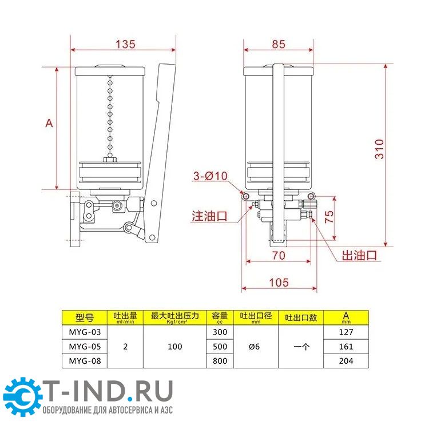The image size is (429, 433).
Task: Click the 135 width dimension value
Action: (125, 44)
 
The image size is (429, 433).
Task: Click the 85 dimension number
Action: (278, 44)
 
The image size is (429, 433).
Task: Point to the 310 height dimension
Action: (379, 149)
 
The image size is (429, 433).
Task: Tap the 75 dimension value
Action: (329, 217)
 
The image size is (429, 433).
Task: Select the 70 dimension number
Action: (279, 256)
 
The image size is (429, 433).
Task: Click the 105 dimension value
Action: (279, 283)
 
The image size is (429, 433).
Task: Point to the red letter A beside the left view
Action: (49, 123)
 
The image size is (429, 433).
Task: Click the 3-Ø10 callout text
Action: (210, 176)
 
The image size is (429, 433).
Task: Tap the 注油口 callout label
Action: (209, 216)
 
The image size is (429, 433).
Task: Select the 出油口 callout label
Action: (359, 255)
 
